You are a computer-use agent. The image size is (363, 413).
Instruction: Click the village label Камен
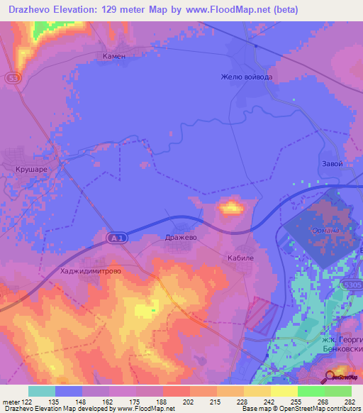pos(113,55)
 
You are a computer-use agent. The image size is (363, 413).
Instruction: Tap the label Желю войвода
pos(246,77)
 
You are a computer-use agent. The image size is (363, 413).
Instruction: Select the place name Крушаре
pos(30,170)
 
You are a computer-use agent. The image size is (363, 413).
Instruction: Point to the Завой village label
pos(331,164)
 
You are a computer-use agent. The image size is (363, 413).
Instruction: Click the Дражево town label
pos(180,238)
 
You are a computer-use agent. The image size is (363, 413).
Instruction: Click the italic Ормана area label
pos(325,231)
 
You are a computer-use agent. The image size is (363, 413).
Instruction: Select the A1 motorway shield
pos(118,239)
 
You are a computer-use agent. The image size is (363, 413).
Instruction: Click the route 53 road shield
pos(12,77)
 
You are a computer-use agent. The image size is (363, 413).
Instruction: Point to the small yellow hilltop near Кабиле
pos(231,208)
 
